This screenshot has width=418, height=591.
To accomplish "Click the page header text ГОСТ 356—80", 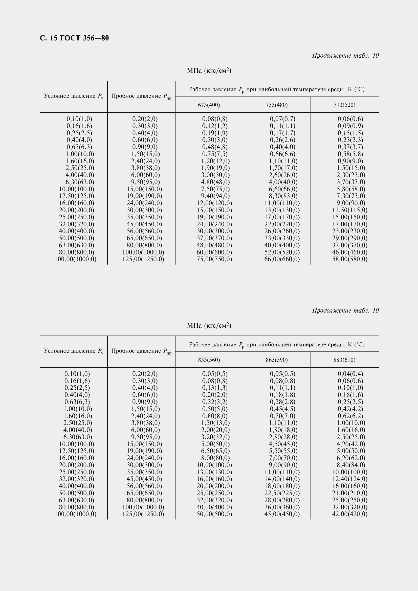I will click(74, 38).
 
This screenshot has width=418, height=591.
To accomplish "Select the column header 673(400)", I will click(209, 105).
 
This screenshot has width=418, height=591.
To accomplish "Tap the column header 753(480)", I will click(277, 105).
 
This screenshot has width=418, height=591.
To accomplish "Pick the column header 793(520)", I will click(344, 105).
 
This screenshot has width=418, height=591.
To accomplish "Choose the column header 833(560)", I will click(209, 360).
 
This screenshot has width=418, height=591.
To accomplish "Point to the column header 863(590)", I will click(277, 360).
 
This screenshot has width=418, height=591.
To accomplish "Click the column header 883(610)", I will click(344, 360).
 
